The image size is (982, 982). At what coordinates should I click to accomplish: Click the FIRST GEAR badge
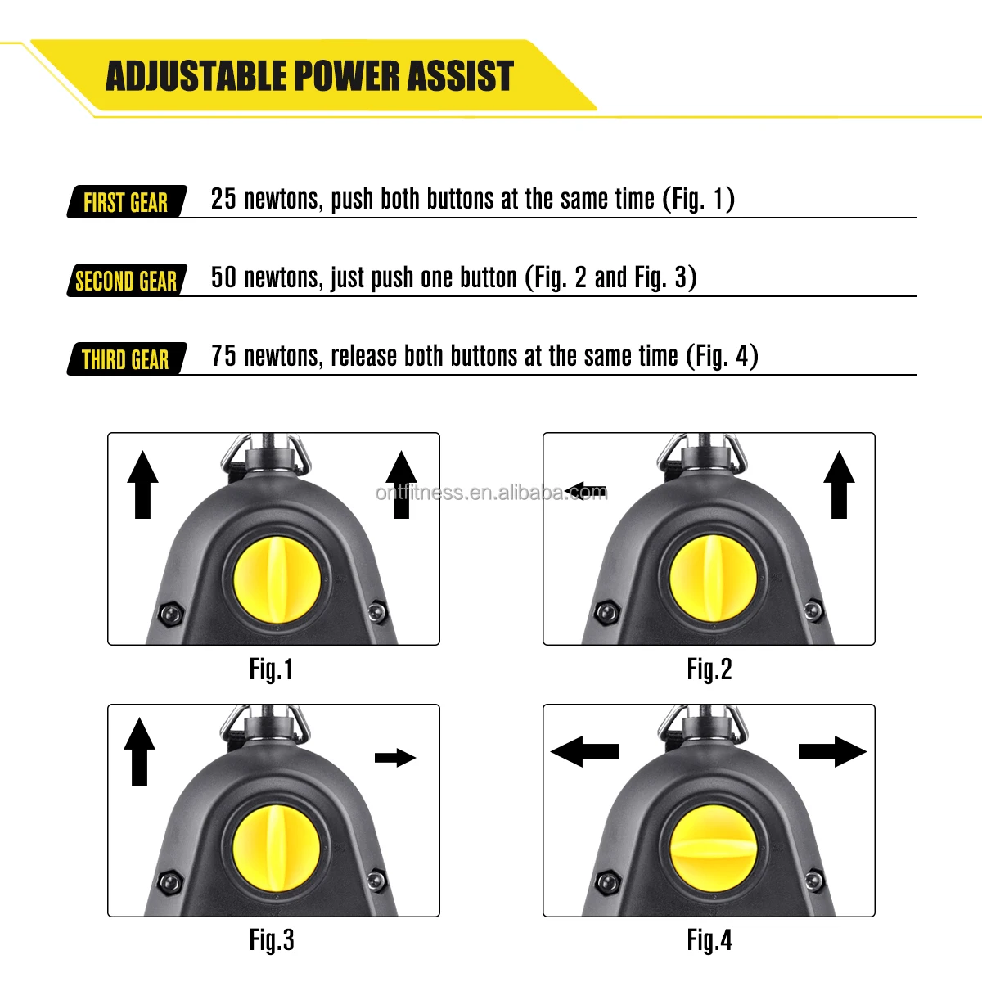[126, 202]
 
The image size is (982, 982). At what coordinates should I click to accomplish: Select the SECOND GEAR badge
[126, 281]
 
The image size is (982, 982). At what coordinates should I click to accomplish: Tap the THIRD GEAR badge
[126, 359]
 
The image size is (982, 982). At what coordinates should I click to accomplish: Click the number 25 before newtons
[223, 199]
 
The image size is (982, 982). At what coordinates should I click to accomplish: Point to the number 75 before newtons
[223, 356]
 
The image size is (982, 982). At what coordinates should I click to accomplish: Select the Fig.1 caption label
[271, 669]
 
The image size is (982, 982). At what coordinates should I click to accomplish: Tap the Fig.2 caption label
[709, 669]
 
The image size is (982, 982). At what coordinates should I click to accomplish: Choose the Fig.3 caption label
[272, 940]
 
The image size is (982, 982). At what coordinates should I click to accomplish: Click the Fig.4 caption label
[709, 940]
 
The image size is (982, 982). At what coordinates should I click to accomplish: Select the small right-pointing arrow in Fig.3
[395, 758]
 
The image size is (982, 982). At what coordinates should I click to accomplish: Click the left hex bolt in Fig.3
[170, 882]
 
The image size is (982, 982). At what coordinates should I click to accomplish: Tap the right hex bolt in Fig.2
[813, 610]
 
